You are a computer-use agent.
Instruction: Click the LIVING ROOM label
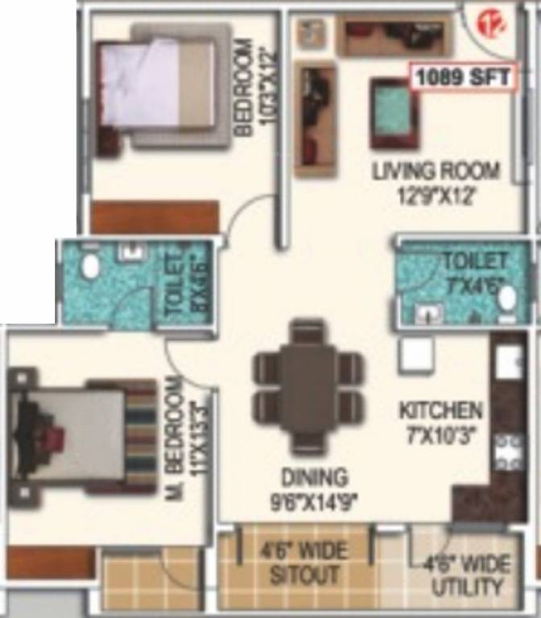(436, 171)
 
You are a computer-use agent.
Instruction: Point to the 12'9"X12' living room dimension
(435, 194)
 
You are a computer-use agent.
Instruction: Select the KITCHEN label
(441, 411)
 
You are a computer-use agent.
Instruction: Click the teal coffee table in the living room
(394, 113)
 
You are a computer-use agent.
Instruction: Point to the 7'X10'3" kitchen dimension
(441, 435)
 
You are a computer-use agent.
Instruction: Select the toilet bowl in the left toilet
(90, 266)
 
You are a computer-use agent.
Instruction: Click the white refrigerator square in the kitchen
(417, 354)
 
